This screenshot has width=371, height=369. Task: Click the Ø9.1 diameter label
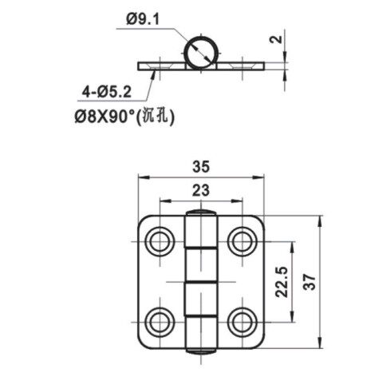pyautogui.click(x=143, y=19)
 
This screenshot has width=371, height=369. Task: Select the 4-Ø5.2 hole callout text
pyautogui.click(x=107, y=93)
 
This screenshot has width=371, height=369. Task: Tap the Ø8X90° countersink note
pyautogui.click(x=105, y=117)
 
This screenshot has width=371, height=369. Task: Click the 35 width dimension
pyautogui.click(x=201, y=167)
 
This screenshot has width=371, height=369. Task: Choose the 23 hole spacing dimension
pyautogui.click(x=201, y=191)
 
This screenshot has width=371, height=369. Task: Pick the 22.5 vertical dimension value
pyautogui.click(x=282, y=282)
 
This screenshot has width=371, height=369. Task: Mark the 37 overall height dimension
pyautogui.click(x=310, y=281)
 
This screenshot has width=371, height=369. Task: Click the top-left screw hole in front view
pyautogui.click(x=160, y=241)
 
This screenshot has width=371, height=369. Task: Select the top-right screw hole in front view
pyautogui.click(x=243, y=241)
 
